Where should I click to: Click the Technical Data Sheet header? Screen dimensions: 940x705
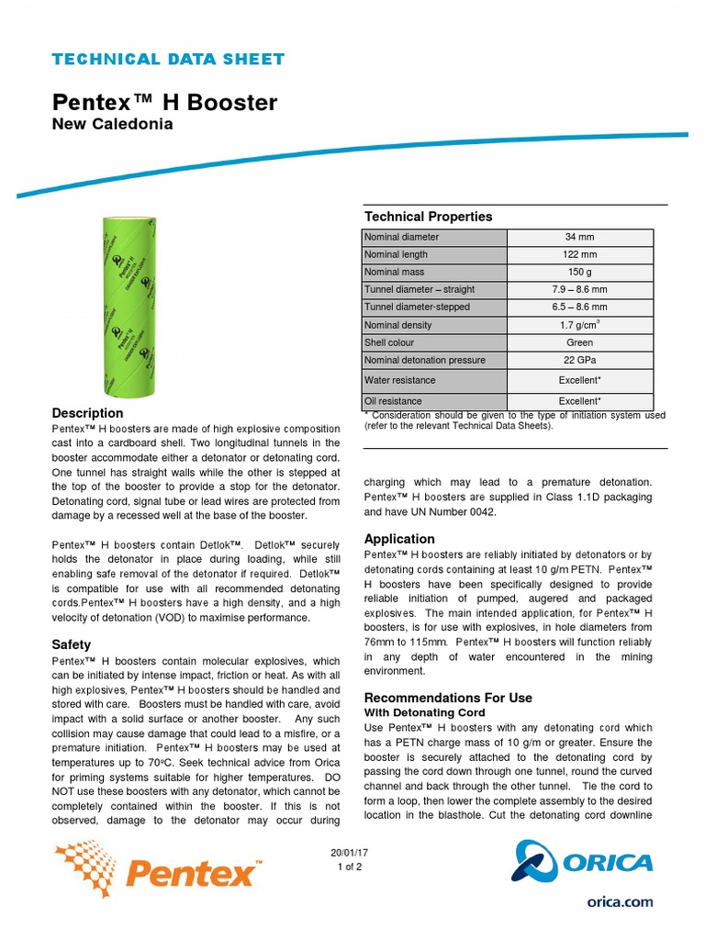pos(168,60)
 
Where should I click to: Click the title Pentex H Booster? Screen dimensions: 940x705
pos(164,102)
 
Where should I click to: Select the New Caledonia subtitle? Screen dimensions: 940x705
pos(112,124)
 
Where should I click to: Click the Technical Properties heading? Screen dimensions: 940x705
pos(428,217)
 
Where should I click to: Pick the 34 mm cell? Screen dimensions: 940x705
pos(579,237)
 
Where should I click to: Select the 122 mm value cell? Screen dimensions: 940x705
pos(579,254)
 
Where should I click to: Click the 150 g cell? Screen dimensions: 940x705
pos(579,272)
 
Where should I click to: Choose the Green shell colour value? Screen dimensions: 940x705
pos(579,342)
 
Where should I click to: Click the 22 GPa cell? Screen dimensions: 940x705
pos(579,360)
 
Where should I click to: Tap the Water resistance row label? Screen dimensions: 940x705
pos(399,380)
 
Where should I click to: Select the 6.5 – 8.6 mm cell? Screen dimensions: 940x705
pos(579,307)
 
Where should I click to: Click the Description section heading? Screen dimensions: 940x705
pos(87,413)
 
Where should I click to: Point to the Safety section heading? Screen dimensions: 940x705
pos(72,645)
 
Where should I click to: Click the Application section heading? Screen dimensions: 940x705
pos(399,539)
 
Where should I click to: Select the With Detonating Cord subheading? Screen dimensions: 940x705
pos(425,712)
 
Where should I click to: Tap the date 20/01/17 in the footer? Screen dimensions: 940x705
pos(350,853)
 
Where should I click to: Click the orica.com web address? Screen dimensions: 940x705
pos(620,901)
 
